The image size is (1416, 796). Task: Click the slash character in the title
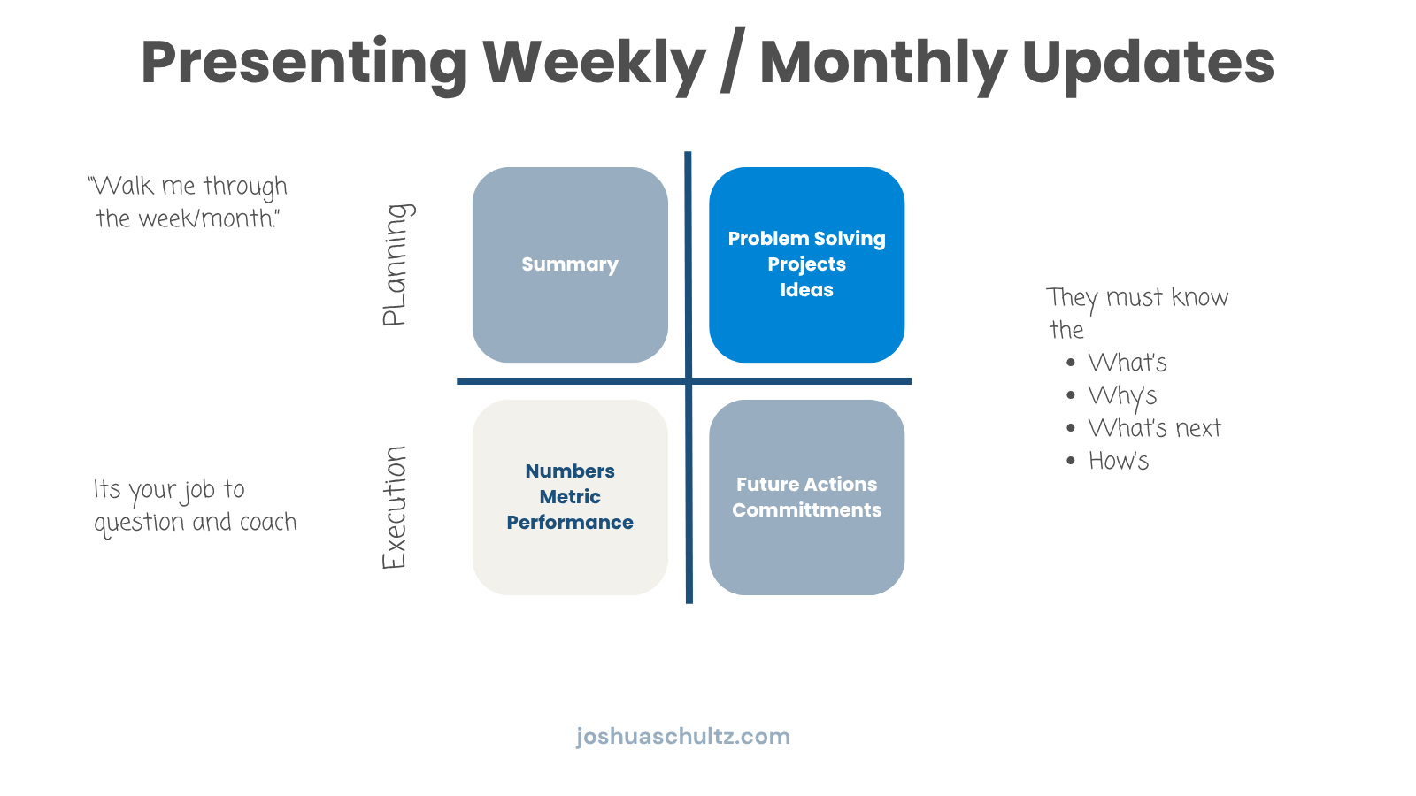click(x=733, y=61)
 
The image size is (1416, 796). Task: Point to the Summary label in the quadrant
click(x=570, y=264)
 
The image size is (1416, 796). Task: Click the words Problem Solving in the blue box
click(x=806, y=239)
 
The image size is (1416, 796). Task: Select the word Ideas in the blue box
click(x=806, y=289)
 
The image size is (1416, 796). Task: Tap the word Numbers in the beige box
click(x=570, y=471)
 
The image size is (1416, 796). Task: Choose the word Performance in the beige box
click(x=570, y=522)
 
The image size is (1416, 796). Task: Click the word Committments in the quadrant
click(x=806, y=509)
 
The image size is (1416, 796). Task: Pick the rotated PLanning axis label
click(x=396, y=264)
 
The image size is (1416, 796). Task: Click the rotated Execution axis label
click(x=394, y=508)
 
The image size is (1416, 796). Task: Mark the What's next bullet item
click(x=1154, y=428)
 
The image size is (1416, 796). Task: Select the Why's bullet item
click(x=1122, y=396)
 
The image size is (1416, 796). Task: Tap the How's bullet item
click(x=1119, y=461)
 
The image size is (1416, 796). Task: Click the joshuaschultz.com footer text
click(x=682, y=737)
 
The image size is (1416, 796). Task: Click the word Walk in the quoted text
click(x=121, y=186)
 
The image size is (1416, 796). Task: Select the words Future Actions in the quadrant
click(x=806, y=484)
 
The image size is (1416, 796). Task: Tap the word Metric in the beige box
click(x=570, y=496)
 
